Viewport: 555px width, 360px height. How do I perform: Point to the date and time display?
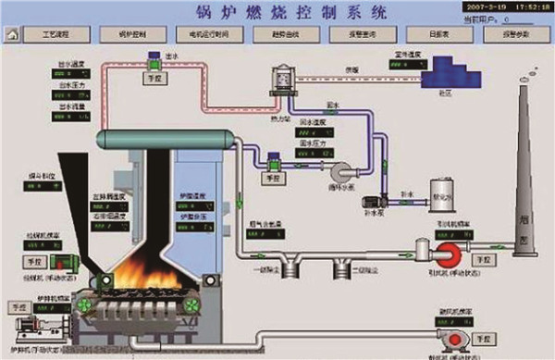[500, 6]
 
